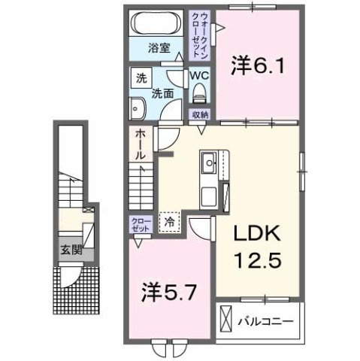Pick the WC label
tap(199, 77)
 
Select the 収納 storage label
tap(199, 115)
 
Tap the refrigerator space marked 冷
tap(170, 222)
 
